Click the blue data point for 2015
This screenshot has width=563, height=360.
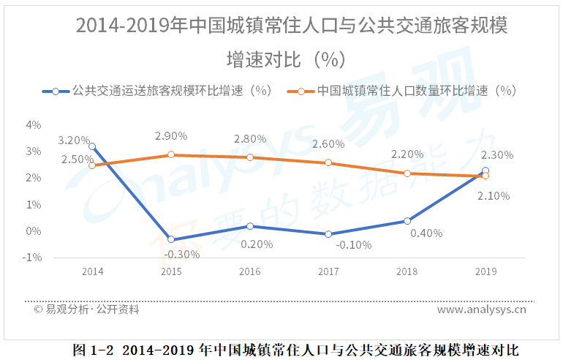pos(171,239)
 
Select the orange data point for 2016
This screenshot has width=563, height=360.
pos(250,157)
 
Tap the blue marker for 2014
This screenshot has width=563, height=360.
pos(92,146)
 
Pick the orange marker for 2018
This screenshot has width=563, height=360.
pos(407,173)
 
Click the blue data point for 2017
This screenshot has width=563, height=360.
pos(328,234)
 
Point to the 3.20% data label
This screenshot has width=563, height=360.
pos(74,140)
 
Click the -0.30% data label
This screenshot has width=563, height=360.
pos(182,254)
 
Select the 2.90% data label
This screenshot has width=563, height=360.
pos(171,136)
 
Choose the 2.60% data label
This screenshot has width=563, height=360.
pos(328,144)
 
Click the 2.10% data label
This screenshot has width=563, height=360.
pos(494,195)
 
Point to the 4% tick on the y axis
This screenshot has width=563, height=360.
pos(34,125)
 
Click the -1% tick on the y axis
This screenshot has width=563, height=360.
pos(32,258)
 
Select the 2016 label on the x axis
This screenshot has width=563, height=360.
pos(250,271)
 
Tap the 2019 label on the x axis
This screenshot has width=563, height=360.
pos(485,271)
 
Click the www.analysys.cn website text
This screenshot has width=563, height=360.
pos(482,310)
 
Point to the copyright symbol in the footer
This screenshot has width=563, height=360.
pos(38,310)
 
